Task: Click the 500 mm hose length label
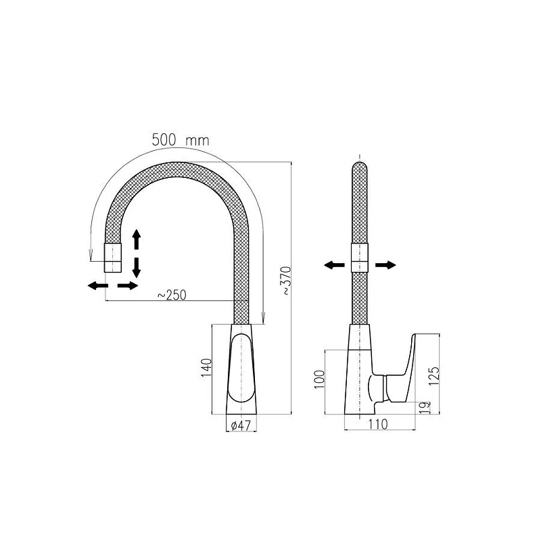click(181, 140)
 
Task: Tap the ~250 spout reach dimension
click(172, 295)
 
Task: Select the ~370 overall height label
click(287, 281)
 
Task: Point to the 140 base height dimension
click(206, 367)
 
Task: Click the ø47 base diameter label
click(241, 425)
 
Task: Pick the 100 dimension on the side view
click(319, 379)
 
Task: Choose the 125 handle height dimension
click(434, 376)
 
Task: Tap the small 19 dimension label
click(425, 408)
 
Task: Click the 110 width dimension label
click(378, 424)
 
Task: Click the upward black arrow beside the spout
click(137, 239)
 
